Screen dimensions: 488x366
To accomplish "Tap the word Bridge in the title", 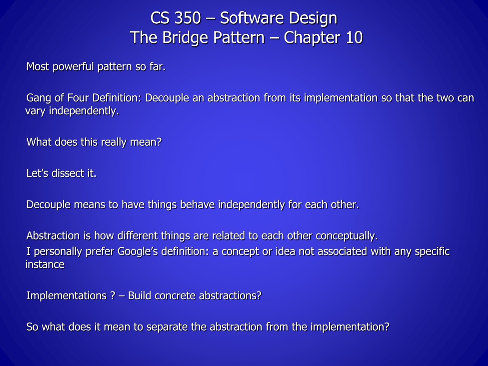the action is click(x=185, y=38).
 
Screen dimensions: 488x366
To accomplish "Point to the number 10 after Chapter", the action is click(x=354, y=38).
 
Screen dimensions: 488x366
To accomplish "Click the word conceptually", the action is click(x=347, y=236).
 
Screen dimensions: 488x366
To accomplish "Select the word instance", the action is click(x=45, y=264).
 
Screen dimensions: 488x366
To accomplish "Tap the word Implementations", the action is click(x=67, y=295).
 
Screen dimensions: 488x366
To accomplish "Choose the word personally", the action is click(x=58, y=252).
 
